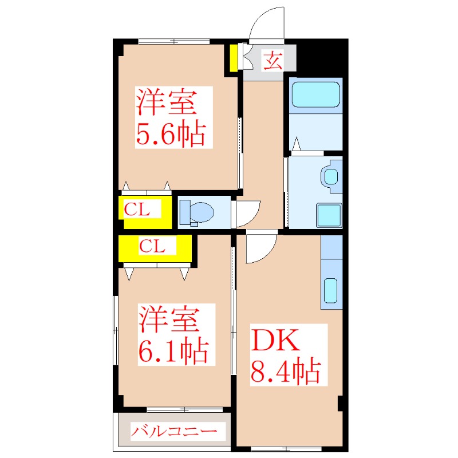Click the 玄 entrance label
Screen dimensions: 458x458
273,61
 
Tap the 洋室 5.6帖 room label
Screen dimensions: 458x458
171,117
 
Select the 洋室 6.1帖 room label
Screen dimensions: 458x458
173,334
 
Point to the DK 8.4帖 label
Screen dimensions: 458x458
286,356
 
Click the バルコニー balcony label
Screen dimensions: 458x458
174,431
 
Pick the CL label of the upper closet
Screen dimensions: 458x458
137,209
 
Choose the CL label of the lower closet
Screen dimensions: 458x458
152,246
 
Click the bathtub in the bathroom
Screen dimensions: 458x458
316,94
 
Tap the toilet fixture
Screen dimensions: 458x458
196,212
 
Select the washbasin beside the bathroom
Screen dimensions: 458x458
331,176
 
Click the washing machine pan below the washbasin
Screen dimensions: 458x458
330,215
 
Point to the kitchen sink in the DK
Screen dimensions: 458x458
330,291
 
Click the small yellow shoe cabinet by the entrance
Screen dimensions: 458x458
234,58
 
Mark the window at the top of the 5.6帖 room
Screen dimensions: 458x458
174,41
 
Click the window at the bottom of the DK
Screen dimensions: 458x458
286,449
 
